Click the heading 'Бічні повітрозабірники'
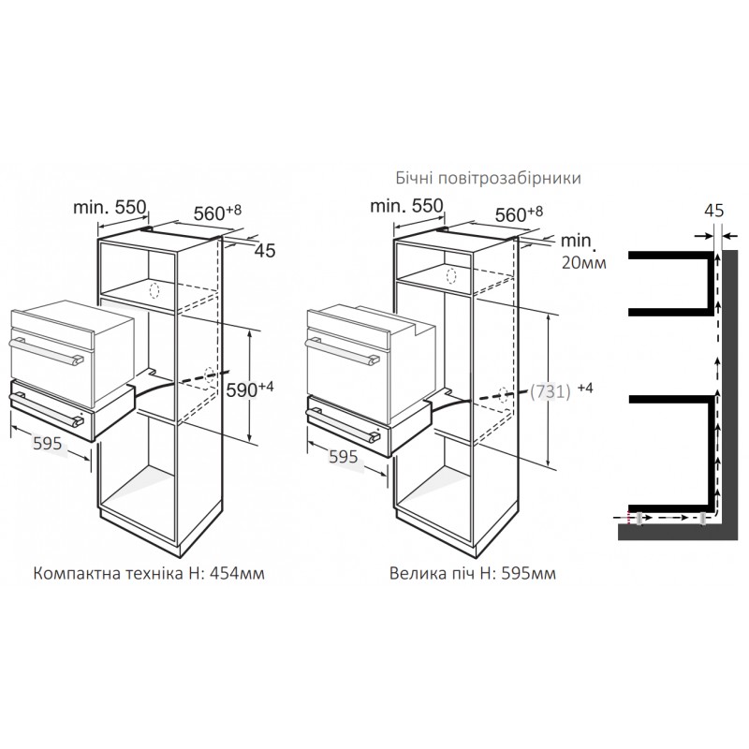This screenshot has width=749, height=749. [x=488, y=178]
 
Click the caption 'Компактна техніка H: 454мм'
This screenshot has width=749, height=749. [x=149, y=573]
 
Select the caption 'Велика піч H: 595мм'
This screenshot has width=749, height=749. [x=473, y=573]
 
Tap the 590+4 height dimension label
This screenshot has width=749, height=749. [x=249, y=389]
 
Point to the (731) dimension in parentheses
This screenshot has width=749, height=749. [x=551, y=391]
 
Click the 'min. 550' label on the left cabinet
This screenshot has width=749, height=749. [x=110, y=207]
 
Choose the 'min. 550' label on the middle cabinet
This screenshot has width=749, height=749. [x=406, y=206]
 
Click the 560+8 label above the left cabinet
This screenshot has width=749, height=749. [x=217, y=213]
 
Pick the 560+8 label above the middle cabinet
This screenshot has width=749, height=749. [x=519, y=214]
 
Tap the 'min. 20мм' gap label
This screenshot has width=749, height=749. [x=583, y=251]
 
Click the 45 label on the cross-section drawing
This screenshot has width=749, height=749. [x=714, y=211]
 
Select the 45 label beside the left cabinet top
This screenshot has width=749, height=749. [x=265, y=251]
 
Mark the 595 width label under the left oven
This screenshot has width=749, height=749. [x=48, y=444]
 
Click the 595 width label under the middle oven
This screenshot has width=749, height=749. [x=343, y=457]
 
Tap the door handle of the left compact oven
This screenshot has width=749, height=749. [x=46, y=352]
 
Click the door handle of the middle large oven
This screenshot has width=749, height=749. [x=342, y=352]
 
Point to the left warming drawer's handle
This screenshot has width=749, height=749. [x=46, y=408]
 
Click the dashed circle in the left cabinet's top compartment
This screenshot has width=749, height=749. [x=154, y=290]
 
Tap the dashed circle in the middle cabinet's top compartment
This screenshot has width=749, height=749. [x=451, y=276]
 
